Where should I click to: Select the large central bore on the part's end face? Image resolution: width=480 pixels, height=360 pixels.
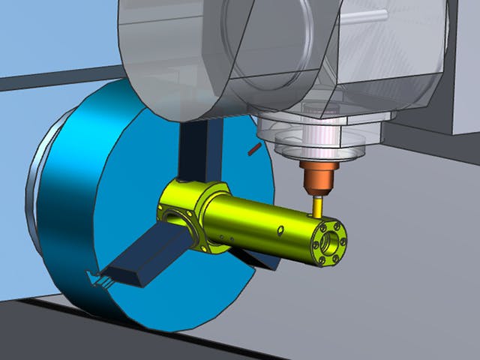(x=331, y=241)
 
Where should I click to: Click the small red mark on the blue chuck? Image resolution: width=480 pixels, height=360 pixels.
(x=253, y=150)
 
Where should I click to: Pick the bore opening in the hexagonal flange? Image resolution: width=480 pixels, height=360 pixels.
(x=177, y=218)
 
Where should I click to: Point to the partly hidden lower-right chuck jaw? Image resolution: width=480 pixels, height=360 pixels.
(x=259, y=259)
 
